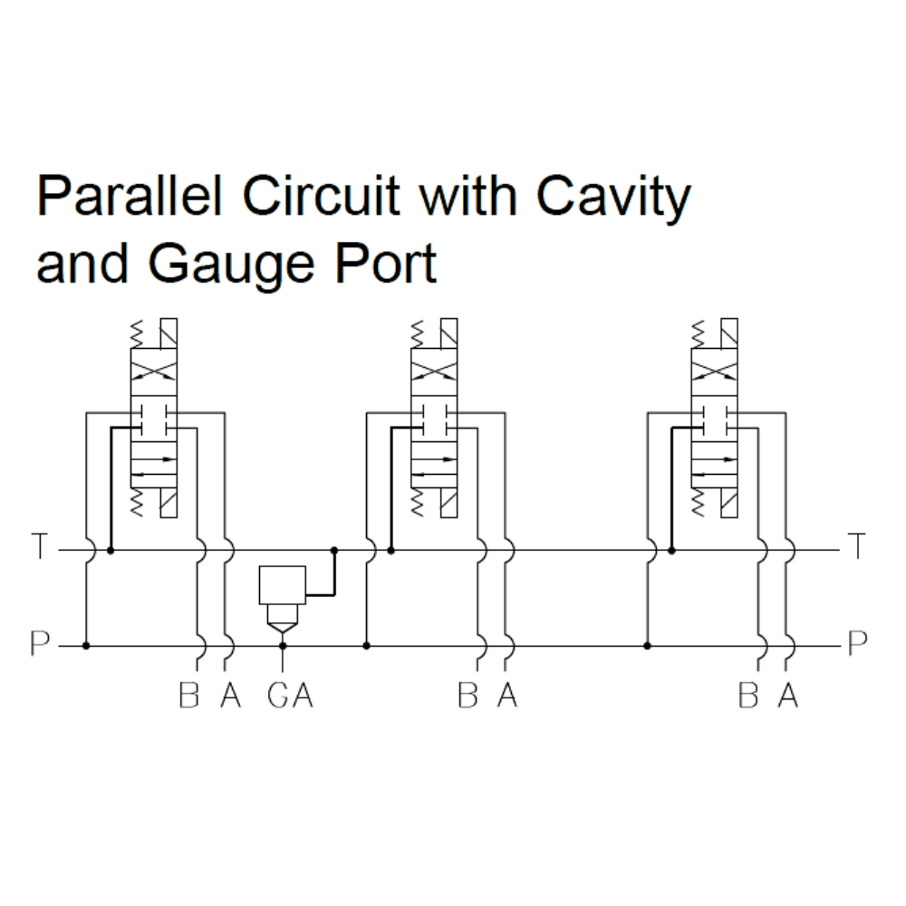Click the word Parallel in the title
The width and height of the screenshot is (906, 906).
[x=130, y=197]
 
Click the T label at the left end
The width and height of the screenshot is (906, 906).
[x=38, y=548]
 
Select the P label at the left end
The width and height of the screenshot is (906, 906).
[x=39, y=644]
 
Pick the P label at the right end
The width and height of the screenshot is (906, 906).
[x=856, y=644]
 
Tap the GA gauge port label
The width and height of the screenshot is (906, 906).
[x=290, y=696]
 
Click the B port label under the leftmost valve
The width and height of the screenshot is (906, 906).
[x=188, y=696]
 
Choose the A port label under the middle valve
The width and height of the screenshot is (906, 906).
[x=507, y=696]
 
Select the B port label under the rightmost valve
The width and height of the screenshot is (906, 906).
[x=747, y=696]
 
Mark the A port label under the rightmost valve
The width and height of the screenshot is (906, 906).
[x=788, y=696]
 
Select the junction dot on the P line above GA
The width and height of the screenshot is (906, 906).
[x=283, y=646]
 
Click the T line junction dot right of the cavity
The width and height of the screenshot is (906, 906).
[x=334, y=550]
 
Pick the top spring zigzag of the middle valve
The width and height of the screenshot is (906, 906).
[x=416, y=334]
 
